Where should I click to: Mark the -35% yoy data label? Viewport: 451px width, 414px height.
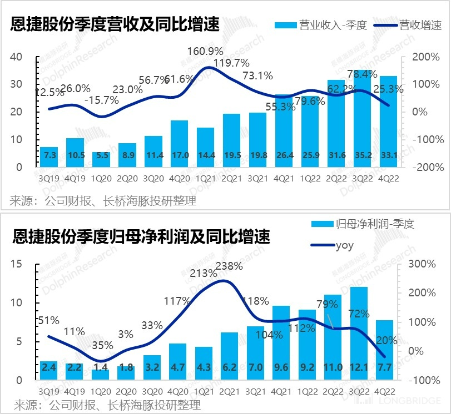100,345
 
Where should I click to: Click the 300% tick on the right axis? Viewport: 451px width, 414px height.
421,264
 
